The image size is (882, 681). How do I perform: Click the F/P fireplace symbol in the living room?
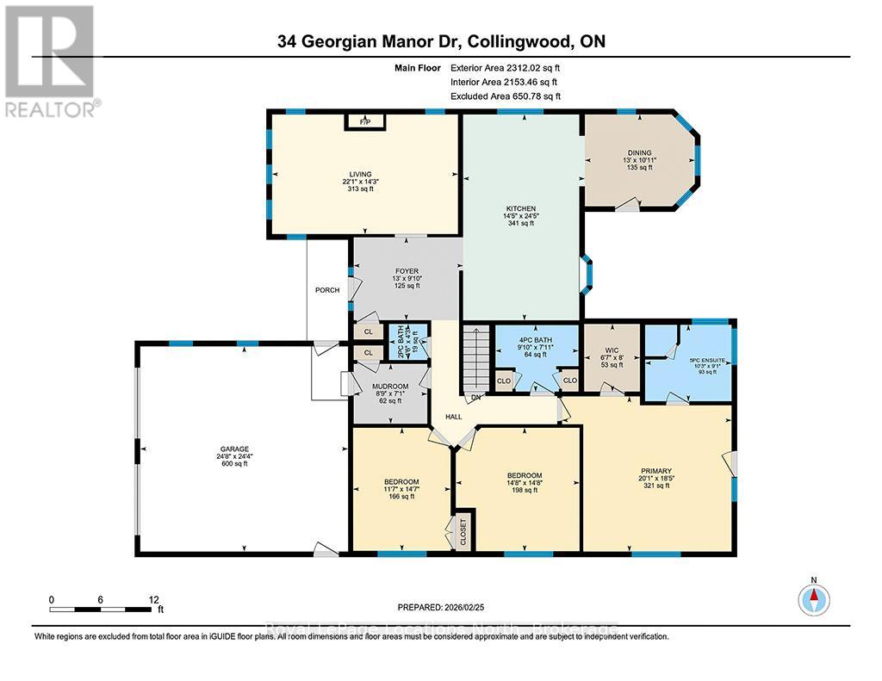pyautogui.click(x=366, y=123)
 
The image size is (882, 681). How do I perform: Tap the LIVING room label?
pyautogui.click(x=362, y=175)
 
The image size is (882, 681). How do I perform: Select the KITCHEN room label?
pyautogui.click(x=521, y=208)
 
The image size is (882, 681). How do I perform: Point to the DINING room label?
pyautogui.click(x=639, y=152)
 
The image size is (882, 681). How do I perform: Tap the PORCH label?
pyautogui.click(x=327, y=290)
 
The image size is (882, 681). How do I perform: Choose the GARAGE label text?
pyautogui.click(x=233, y=449)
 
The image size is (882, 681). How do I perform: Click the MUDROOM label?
pyautogui.click(x=390, y=385)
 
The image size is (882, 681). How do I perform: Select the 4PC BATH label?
pyautogui.click(x=535, y=340)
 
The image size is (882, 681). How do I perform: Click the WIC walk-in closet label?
pyautogui.click(x=612, y=350)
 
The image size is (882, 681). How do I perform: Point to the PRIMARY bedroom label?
pyautogui.click(x=656, y=471)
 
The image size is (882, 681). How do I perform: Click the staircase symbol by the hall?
pyautogui.click(x=475, y=356)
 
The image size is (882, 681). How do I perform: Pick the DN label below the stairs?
pyautogui.click(x=475, y=399)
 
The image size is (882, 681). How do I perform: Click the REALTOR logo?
pyautogui.click(x=50, y=59)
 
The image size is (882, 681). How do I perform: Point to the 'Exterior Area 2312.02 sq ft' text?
pyautogui.click(x=511, y=67)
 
